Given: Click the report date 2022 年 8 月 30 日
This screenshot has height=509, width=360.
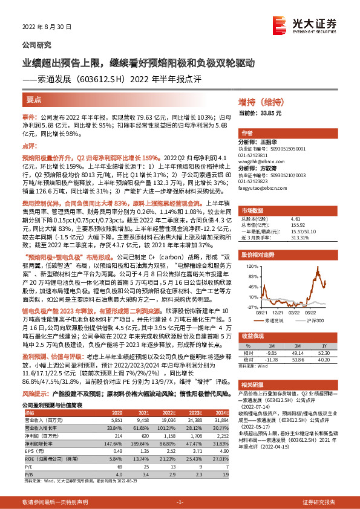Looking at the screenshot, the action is (47, 27).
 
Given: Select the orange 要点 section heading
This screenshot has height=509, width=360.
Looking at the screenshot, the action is (34, 98).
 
